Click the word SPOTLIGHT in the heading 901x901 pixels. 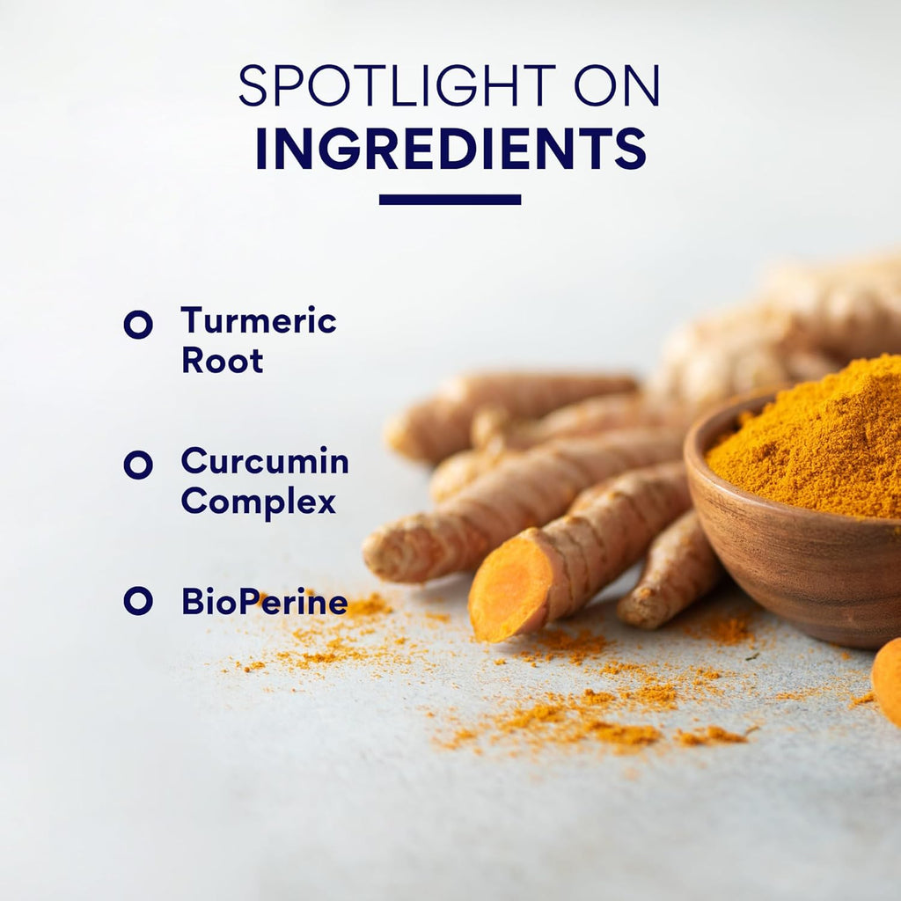pyautogui.click(x=397, y=85)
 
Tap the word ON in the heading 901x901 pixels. pyautogui.click(x=617, y=85)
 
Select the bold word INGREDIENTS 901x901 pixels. pyautogui.click(x=451, y=148)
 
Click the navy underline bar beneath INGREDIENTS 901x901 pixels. pyautogui.click(x=450, y=200)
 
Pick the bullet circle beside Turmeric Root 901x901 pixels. pyautogui.click(x=138, y=325)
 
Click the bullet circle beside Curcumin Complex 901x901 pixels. pyautogui.click(x=138, y=465)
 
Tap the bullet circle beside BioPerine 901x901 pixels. pyautogui.click(x=138, y=601)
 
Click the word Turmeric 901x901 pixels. pyautogui.click(x=259, y=320)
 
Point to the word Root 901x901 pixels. pyautogui.click(x=223, y=360)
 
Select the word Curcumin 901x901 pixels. pyautogui.click(x=265, y=460)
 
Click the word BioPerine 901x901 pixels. pyautogui.click(x=265, y=602)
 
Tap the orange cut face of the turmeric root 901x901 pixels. pyautogui.click(x=509, y=589)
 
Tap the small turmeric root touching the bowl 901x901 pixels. pyautogui.click(x=670, y=575)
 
